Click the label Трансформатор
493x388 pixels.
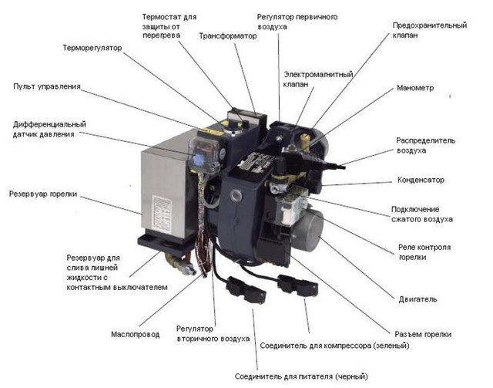[228, 36]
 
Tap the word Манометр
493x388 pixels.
[415, 88]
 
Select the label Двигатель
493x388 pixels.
[418, 299]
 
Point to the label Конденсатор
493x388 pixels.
[421, 180]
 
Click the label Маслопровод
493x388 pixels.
[136, 334]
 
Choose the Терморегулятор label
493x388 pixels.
[92, 48]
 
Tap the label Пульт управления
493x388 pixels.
[47, 86]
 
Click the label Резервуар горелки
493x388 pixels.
[43, 194]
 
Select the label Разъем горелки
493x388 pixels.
[423, 335]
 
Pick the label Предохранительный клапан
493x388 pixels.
[430, 30]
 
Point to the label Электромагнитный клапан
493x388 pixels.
[318, 79]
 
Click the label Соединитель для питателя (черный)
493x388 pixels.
[301, 376]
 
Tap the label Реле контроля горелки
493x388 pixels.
[424, 252]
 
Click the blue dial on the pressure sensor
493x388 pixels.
[199, 160]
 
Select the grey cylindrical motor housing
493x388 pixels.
[307, 230]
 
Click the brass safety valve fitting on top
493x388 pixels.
[304, 141]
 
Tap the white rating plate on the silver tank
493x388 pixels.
[162, 214]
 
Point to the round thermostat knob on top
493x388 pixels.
[233, 129]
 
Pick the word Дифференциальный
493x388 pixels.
[49, 124]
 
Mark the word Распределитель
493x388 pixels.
[426, 140]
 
